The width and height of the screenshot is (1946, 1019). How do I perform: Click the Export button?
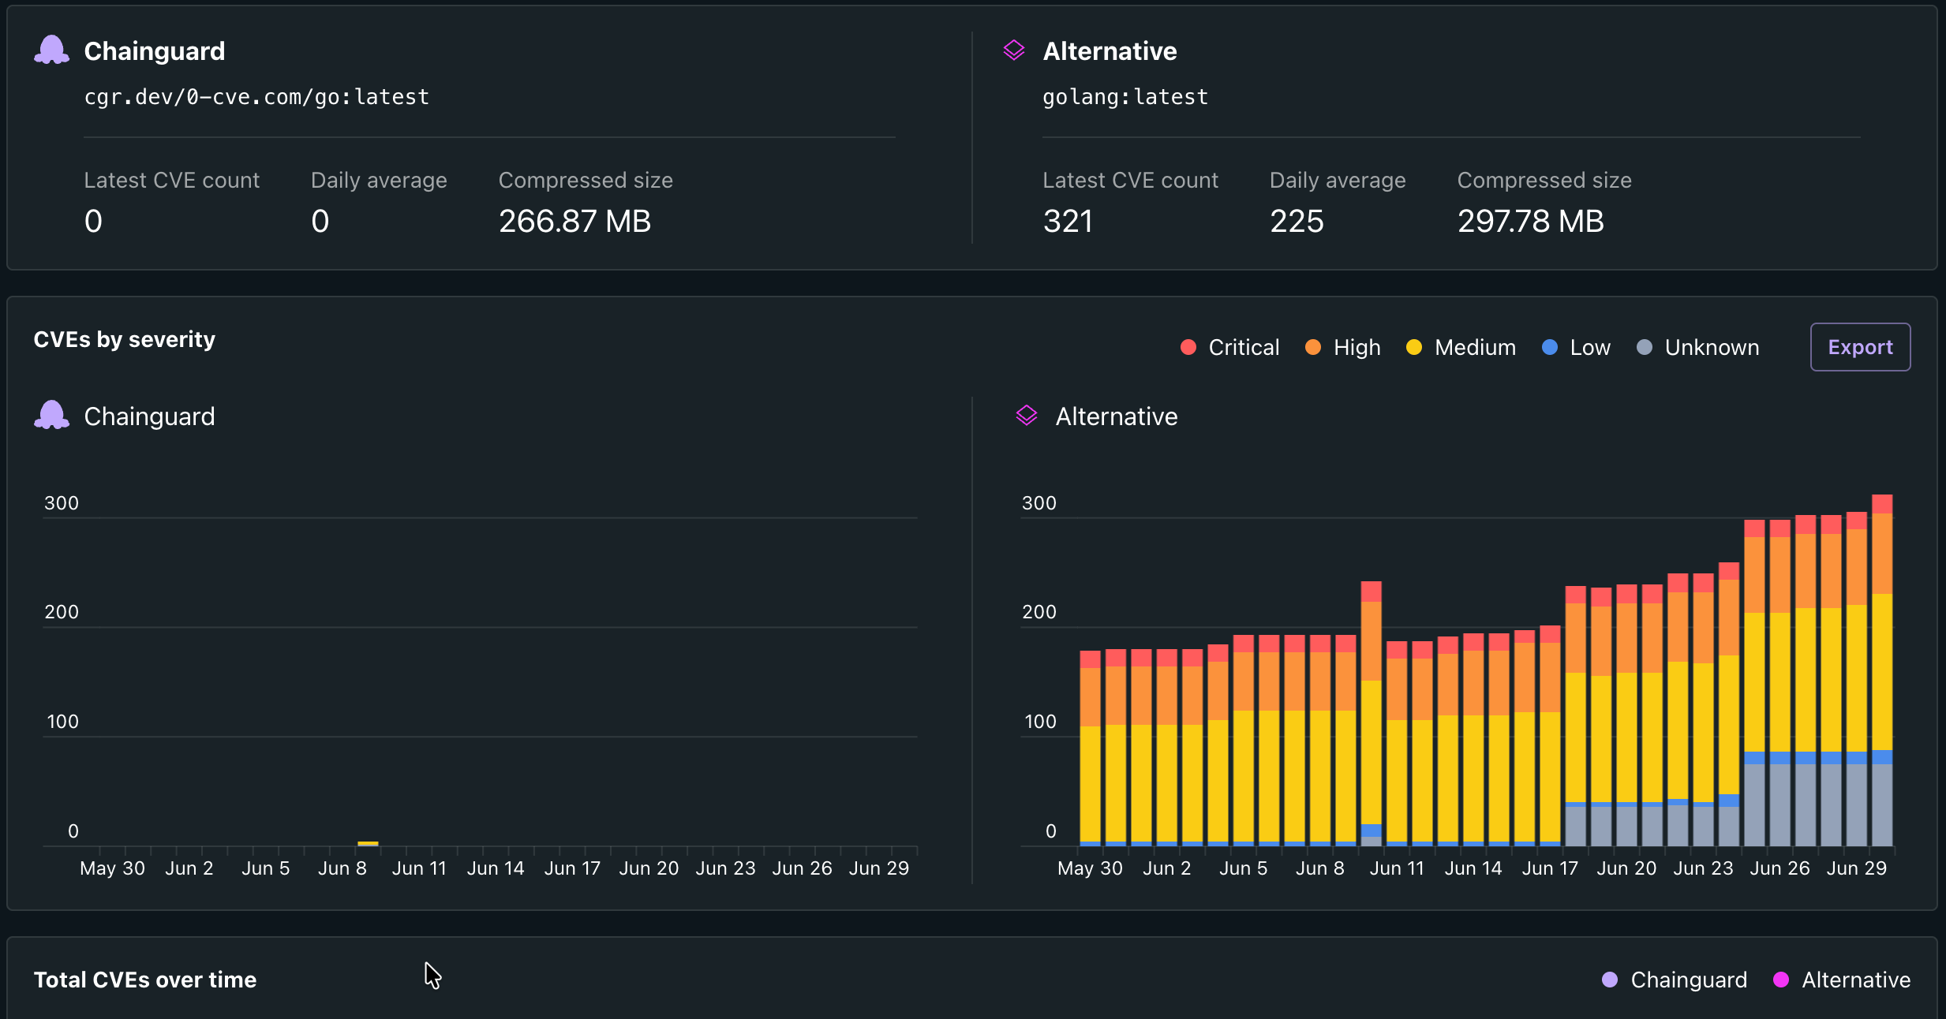(1860, 347)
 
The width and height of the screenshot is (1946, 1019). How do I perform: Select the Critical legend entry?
(1229, 347)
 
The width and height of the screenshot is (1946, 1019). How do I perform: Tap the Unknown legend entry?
(1697, 347)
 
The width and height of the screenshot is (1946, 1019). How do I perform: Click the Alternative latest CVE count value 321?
(1068, 221)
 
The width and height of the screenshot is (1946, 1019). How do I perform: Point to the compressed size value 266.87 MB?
(574, 221)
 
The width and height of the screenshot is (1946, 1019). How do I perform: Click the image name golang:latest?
(1125, 97)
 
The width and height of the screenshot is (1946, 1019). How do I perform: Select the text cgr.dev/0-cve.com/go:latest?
(256, 97)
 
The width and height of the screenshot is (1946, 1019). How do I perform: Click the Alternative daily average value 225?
(1297, 221)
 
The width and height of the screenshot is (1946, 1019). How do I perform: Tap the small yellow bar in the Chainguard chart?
(368, 843)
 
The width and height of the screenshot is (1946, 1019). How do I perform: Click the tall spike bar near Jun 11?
(1372, 713)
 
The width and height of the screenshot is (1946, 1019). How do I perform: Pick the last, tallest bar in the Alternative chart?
(1882, 670)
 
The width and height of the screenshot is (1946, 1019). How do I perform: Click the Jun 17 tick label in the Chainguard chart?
(572, 868)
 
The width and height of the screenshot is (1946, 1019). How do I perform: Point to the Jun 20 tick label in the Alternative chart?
(1626, 868)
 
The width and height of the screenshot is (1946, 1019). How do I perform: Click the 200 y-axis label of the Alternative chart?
(1038, 612)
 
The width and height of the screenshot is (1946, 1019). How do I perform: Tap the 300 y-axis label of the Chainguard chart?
(62, 503)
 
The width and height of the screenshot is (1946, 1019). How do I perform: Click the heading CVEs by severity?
(125, 340)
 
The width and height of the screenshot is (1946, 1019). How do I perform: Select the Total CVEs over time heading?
(145, 980)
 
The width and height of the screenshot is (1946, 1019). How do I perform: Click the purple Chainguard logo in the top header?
(52, 50)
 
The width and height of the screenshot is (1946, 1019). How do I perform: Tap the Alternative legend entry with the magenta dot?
(1841, 980)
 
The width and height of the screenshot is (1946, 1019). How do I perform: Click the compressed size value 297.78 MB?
(1530, 221)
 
